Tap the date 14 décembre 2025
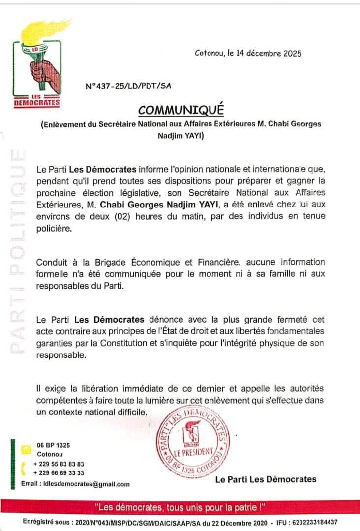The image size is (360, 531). point(268,53)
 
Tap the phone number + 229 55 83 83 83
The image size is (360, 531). point(59,464)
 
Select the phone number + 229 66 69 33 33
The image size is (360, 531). point(59,473)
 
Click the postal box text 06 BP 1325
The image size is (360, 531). point(53,445)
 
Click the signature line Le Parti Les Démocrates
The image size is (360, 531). point(266,479)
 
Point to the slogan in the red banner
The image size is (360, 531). point(180,506)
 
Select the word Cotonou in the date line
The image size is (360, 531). point(210,53)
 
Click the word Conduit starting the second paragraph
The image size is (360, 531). point(51,262)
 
